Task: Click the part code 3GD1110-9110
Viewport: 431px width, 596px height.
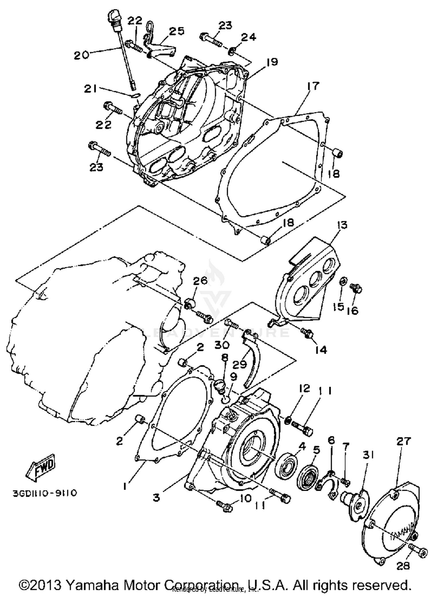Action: tap(45, 493)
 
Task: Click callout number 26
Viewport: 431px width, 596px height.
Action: tap(200, 280)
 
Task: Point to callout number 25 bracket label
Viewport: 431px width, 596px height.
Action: tap(176, 31)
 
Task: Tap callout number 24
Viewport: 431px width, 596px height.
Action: tap(248, 37)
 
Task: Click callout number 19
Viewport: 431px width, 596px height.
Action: tap(272, 62)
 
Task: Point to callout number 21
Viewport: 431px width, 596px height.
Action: tap(90, 89)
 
